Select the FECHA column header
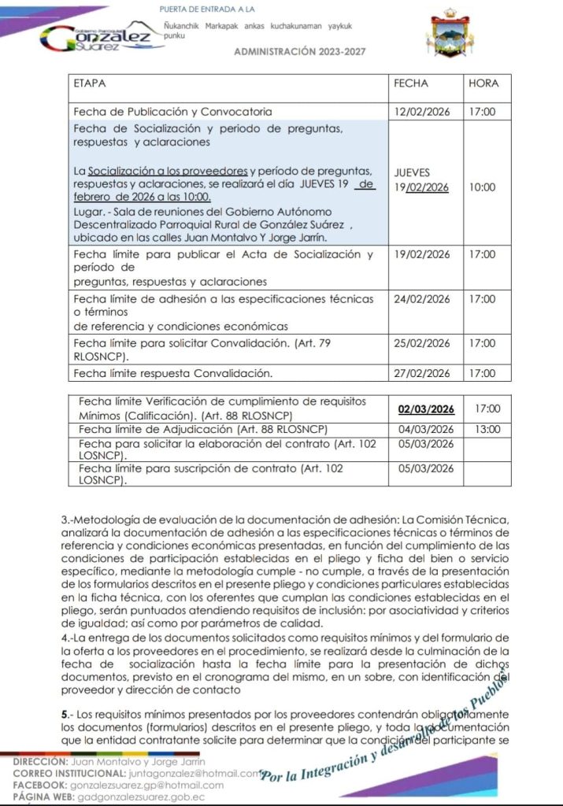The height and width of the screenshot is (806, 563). click(411, 83)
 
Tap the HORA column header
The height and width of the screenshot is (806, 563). click(483, 83)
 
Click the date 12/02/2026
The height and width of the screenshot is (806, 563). click(422, 112)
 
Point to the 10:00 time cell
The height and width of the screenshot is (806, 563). click(483, 187)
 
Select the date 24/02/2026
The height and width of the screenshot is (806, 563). click(422, 299)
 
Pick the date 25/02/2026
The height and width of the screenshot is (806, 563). click(422, 343)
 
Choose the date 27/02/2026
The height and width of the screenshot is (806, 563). click(422, 373)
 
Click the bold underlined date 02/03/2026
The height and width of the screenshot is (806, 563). click(427, 409)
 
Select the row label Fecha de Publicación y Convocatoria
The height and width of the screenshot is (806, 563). click(172, 112)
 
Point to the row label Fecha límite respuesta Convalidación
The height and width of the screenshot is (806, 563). click(172, 373)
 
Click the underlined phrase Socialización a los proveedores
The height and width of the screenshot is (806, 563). click(168, 171)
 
